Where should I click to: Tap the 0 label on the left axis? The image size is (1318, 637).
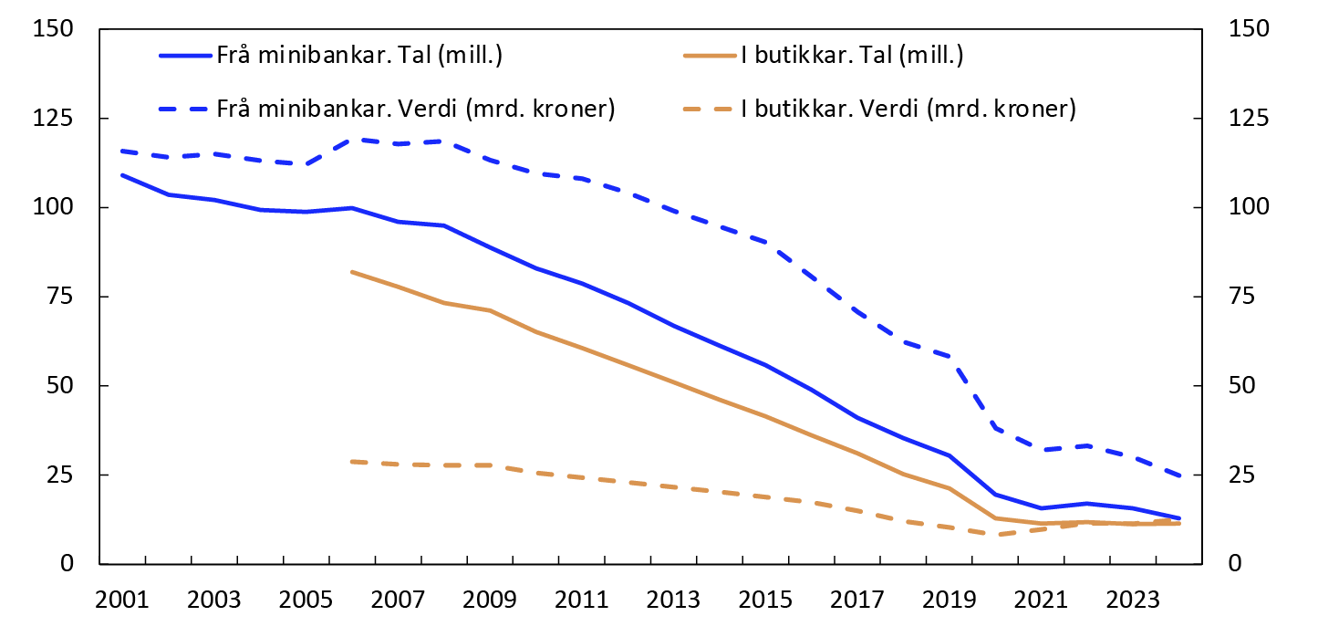(x=68, y=564)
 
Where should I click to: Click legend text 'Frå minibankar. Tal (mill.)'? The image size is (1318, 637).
(x=360, y=55)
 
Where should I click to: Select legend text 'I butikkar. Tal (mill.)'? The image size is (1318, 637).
(x=852, y=55)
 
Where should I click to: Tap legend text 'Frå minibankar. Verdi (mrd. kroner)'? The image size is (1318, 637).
(x=416, y=110)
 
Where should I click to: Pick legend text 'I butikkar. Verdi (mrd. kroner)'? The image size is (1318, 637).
(x=908, y=110)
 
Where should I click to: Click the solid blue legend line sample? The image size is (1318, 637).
(x=186, y=55)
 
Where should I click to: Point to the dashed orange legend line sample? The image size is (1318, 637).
(x=709, y=110)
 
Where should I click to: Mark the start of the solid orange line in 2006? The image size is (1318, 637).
(x=352, y=272)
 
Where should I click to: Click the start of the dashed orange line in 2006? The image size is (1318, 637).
(x=352, y=462)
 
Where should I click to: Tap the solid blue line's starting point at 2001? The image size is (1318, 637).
(x=121, y=174)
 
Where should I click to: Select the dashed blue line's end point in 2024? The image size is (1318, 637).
(x=1180, y=476)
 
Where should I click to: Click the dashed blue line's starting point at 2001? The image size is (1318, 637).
(x=121, y=151)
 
